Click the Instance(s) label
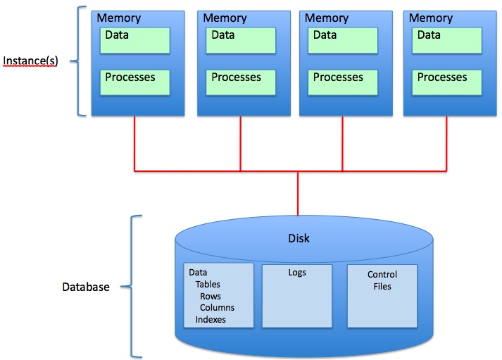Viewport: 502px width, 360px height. click(30, 61)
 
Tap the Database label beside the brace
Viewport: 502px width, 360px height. click(85, 287)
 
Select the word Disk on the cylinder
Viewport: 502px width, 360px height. click(299, 238)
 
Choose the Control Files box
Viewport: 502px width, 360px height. click(382, 295)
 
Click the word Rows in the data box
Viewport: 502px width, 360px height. click(210, 297)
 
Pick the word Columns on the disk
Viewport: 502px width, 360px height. click(217, 308)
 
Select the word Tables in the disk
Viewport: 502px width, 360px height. click(208, 285)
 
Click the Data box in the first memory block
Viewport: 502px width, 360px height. click(135, 40)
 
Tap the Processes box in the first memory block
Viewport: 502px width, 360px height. click(135, 82)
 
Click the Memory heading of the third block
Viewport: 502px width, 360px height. click(326, 18)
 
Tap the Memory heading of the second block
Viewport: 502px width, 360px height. click(225, 18)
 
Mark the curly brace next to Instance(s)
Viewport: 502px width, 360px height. click(79, 61)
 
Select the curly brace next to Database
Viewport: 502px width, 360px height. click(134, 287)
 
